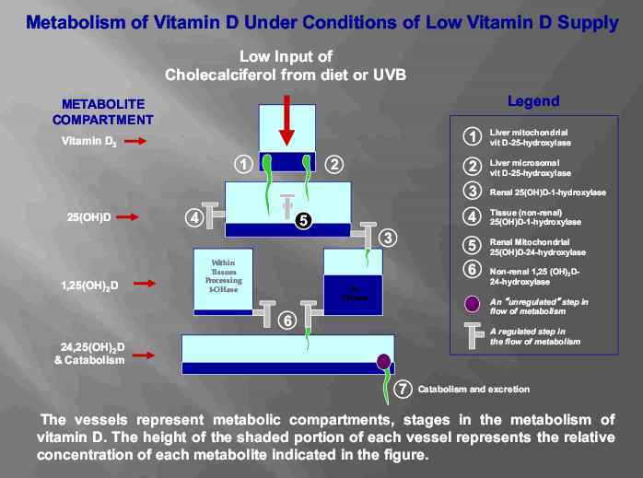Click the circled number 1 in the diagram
pos(243,165)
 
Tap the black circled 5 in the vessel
pos(304,221)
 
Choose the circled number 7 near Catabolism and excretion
pos(402,389)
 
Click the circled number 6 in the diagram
pos(286,321)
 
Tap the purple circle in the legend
pos(472,303)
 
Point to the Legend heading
pos(532,101)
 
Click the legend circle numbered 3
pos(472,192)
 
